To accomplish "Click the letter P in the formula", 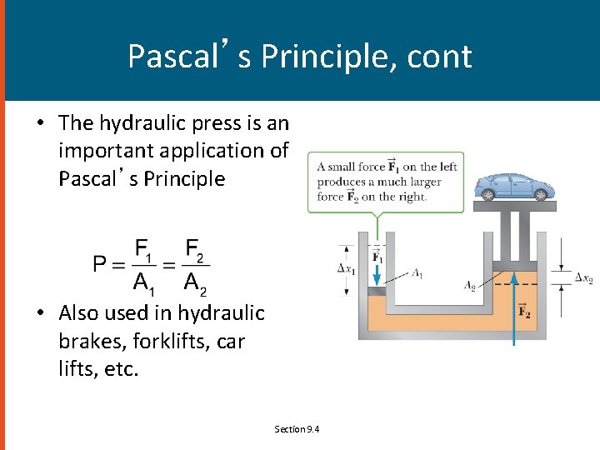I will coord(101,264).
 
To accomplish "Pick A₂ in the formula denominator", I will coord(194,284).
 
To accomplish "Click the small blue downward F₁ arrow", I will coord(377,264).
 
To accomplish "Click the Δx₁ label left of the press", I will coord(347,268).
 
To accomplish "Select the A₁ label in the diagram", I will coord(417,272).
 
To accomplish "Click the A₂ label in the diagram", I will coord(472,284).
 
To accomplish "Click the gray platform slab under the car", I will coord(513,206).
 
